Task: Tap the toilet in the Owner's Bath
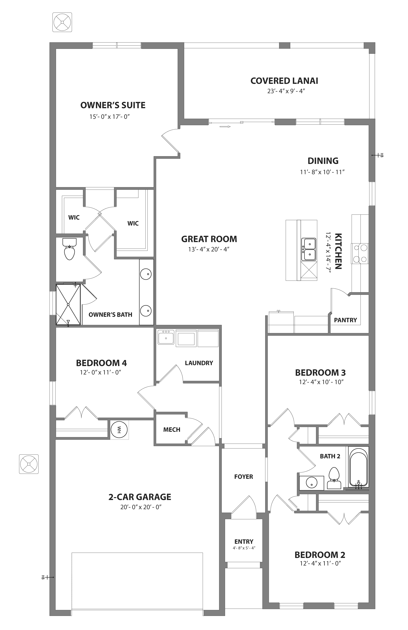point(69,250)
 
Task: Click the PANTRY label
point(345,320)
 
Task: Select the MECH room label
point(172,430)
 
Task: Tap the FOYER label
point(244,477)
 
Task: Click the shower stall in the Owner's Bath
point(68,305)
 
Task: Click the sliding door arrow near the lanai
point(225,127)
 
